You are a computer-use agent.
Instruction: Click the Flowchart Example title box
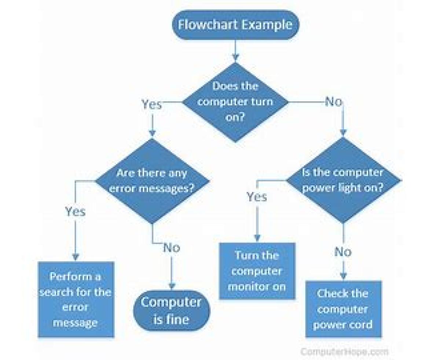pyautogui.click(x=235, y=25)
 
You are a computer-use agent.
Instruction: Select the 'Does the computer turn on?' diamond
pyautogui.click(x=235, y=102)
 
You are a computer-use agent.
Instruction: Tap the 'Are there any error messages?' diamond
pyautogui.click(x=152, y=181)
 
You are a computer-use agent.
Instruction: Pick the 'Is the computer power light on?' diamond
pyautogui.click(x=343, y=180)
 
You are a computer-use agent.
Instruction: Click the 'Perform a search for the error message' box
pyautogui.click(x=76, y=299)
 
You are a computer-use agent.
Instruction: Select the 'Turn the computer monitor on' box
pyautogui.click(x=257, y=270)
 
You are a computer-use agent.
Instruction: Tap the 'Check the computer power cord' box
pyautogui.click(x=344, y=309)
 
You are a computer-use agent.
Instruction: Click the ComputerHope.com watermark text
pyautogui.click(x=344, y=352)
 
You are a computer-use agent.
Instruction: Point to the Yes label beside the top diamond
pyautogui.click(x=152, y=105)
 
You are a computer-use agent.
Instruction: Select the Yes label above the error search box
pyautogui.click(x=75, y=211)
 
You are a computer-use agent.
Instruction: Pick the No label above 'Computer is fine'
pyautogui.click(x=171, y=248)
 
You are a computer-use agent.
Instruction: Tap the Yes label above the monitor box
pyautogui.click(x=257, y=197)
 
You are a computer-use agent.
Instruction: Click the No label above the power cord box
pyautogui.click(x=343, y=252)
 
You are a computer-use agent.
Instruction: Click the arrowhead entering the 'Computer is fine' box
pyautogui.click(x=171, y=286)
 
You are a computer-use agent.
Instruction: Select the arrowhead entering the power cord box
pyautogui.click(x=343, y=276)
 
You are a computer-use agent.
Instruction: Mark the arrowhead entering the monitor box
pyautogui.click(x=257, y=238)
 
